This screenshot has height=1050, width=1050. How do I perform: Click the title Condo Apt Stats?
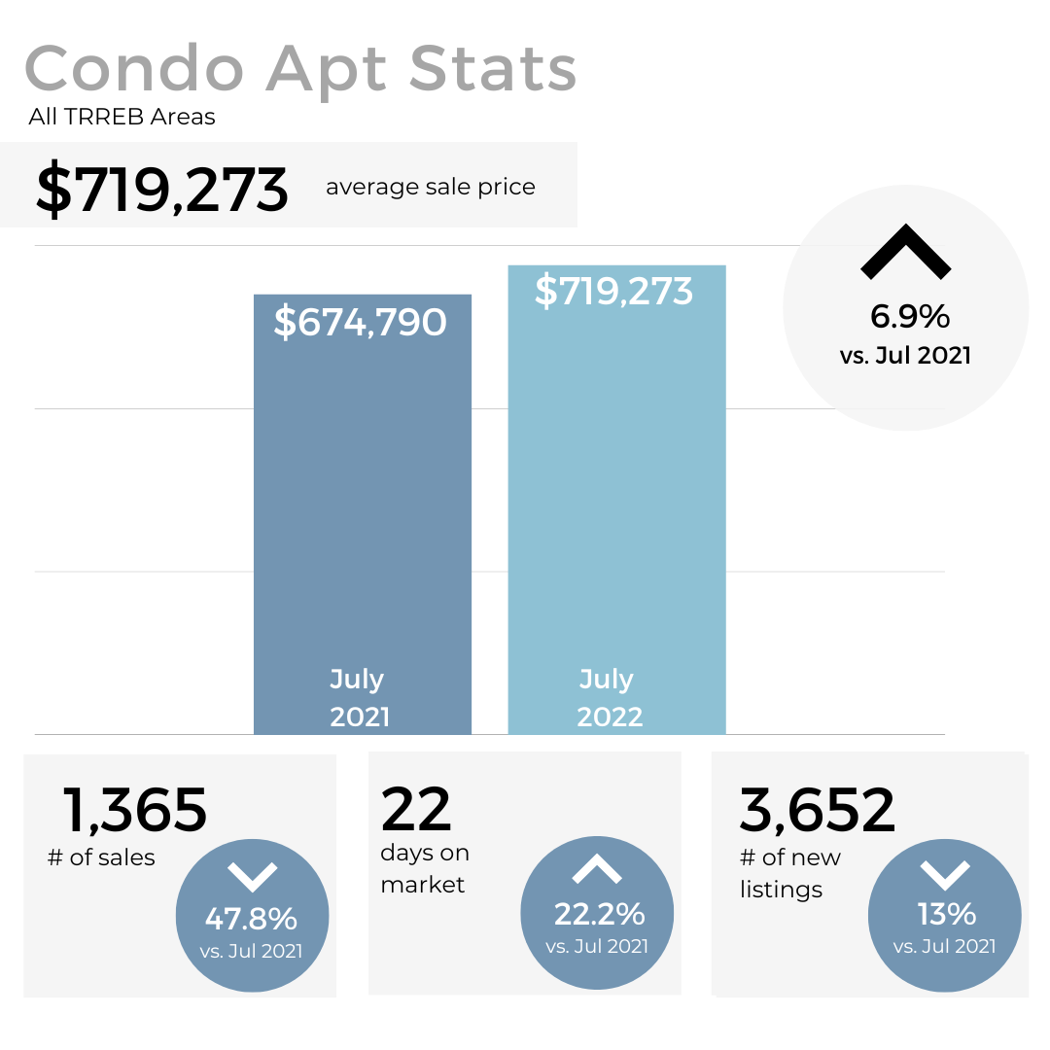[300, 69]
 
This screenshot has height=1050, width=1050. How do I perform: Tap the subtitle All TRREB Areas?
[122, 118]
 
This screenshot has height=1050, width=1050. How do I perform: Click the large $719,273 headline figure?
[162, 190]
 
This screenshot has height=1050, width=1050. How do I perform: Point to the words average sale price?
[430, 187]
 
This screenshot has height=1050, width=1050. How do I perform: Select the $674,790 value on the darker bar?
[360, 322]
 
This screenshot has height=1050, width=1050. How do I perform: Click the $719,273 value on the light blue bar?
[613, 292]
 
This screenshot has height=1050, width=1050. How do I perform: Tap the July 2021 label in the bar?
[359, 698]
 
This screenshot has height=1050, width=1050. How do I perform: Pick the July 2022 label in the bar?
[610, 698]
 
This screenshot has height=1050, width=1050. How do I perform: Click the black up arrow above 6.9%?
[905, 252]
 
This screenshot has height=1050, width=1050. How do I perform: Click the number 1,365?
[135, 810]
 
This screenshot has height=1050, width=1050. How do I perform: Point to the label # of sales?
[101, 858]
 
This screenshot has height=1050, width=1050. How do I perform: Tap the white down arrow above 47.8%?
[252, 877]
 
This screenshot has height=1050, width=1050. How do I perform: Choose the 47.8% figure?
[251, 919]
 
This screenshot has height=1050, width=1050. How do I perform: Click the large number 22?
[416, 809]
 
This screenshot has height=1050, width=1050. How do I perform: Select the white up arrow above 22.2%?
[597, 869]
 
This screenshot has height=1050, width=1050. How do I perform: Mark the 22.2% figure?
[599, 914]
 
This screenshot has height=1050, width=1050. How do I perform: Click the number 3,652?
[817, 810]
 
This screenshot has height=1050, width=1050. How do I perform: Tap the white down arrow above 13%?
[945, 875]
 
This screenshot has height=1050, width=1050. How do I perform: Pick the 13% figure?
[946, 914]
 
